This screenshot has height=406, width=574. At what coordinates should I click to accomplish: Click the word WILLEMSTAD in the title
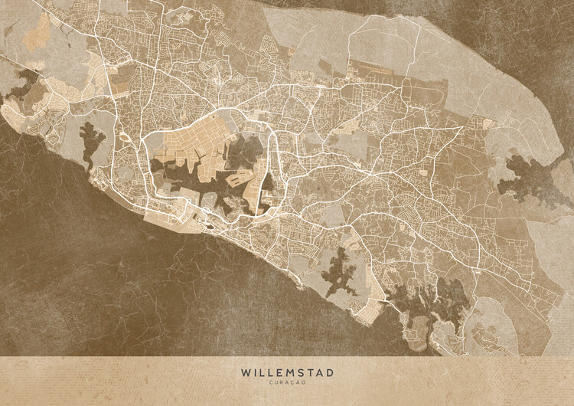(x=287, y=372)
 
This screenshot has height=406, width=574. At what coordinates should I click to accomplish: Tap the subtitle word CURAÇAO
(x=287, y=382)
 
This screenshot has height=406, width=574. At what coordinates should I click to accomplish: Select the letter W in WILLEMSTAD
(x=246, y=372)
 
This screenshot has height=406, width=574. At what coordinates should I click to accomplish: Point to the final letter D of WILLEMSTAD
(x=330, y=372)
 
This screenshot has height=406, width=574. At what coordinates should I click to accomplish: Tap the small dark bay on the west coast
(x=93, y=142)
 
